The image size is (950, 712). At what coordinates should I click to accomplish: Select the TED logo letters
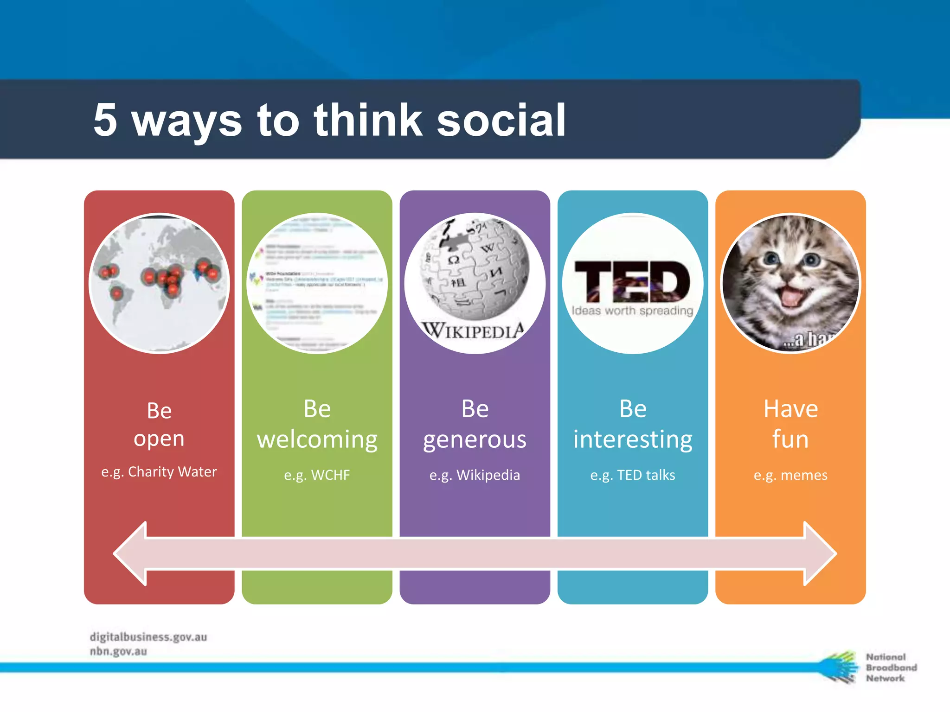pos(632,281)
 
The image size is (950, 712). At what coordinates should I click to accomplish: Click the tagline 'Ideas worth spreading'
pos(632,311)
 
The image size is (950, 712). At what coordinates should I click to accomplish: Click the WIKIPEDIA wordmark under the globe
pos(473,331)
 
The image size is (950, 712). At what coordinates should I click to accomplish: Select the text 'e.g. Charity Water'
pos(159,472)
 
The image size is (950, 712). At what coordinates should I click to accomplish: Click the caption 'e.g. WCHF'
pos(317,475)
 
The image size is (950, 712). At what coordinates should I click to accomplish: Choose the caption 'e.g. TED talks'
pos(632,475)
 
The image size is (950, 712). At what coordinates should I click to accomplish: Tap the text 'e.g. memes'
pos(790,475)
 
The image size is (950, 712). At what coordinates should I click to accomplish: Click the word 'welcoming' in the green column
pos(317,439)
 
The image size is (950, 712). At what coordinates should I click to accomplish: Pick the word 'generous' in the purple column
pos(475,439)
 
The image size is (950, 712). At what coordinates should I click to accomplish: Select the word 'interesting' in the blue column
pos(632,439)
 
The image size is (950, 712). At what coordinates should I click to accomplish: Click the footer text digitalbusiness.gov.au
pos(148,637)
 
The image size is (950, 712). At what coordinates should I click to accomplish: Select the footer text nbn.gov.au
pos(118,651)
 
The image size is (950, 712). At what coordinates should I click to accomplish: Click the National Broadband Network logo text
pos(891,667)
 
